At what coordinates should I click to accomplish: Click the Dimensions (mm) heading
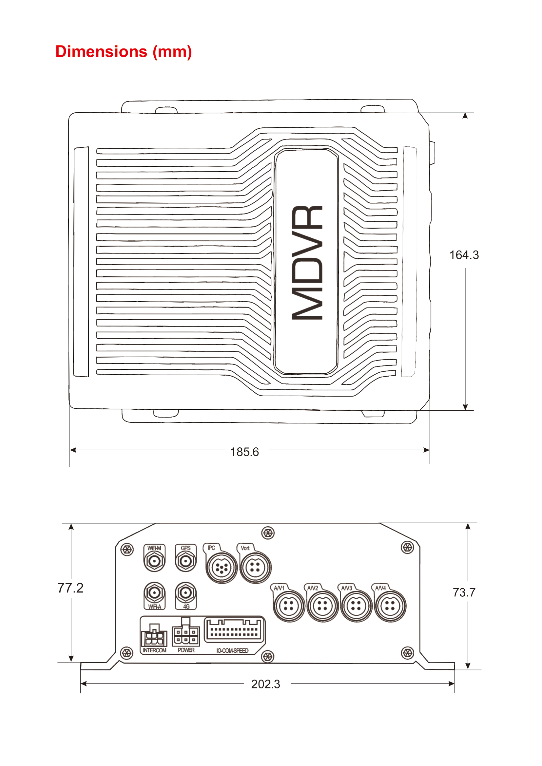[x=124, y=52]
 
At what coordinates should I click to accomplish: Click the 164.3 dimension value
[x=464, y=255]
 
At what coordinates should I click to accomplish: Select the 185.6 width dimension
[x=244, y=452]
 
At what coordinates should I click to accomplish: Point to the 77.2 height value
[x=70, y=588]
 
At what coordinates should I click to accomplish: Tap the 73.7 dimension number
[x=464, y=592]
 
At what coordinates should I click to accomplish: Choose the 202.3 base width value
[x=265, y=684]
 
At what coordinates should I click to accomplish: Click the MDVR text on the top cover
[x=307, y=263]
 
